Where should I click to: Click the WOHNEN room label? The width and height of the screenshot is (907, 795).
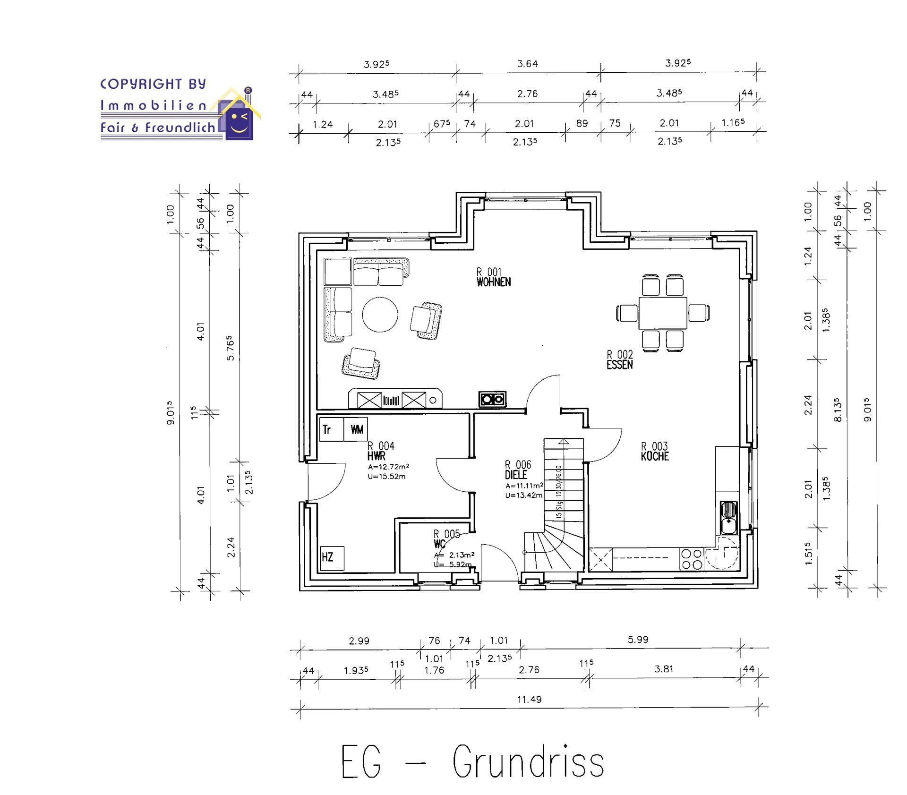click(x=494, y=282)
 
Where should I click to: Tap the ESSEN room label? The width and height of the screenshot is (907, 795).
click(x=620, y=365)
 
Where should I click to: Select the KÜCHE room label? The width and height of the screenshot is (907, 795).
click(x=655, y=456)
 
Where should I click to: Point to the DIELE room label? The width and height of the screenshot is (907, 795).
click(x=516, y=475)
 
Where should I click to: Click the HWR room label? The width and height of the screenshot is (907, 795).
click(x=376, y=456)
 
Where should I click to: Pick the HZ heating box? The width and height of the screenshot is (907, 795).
click(x=332, y=558)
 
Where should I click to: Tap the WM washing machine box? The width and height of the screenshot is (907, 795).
click(x=356, y=429)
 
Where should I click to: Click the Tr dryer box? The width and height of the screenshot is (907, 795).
click(x=331, y=429)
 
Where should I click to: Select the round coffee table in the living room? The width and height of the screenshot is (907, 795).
click(x=380, y=315)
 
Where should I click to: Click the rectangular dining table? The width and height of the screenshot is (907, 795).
click(x=662, y=313)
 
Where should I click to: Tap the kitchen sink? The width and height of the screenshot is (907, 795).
click(x=728, y=517)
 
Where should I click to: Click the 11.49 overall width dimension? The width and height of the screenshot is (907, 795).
click(x=529, y=699)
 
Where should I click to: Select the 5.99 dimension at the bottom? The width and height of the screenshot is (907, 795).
click(x=638, y=640)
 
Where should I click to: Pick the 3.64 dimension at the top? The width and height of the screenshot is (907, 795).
click(x=527, y=64)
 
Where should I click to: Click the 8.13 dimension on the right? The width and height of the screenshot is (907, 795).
click(x=838, y=409)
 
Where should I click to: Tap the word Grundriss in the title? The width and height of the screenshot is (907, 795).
click(x=528, y=762)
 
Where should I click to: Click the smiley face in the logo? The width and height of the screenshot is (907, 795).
click(x=239, y=122)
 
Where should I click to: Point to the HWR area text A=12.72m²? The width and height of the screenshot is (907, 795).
click(x=388, y=467)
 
